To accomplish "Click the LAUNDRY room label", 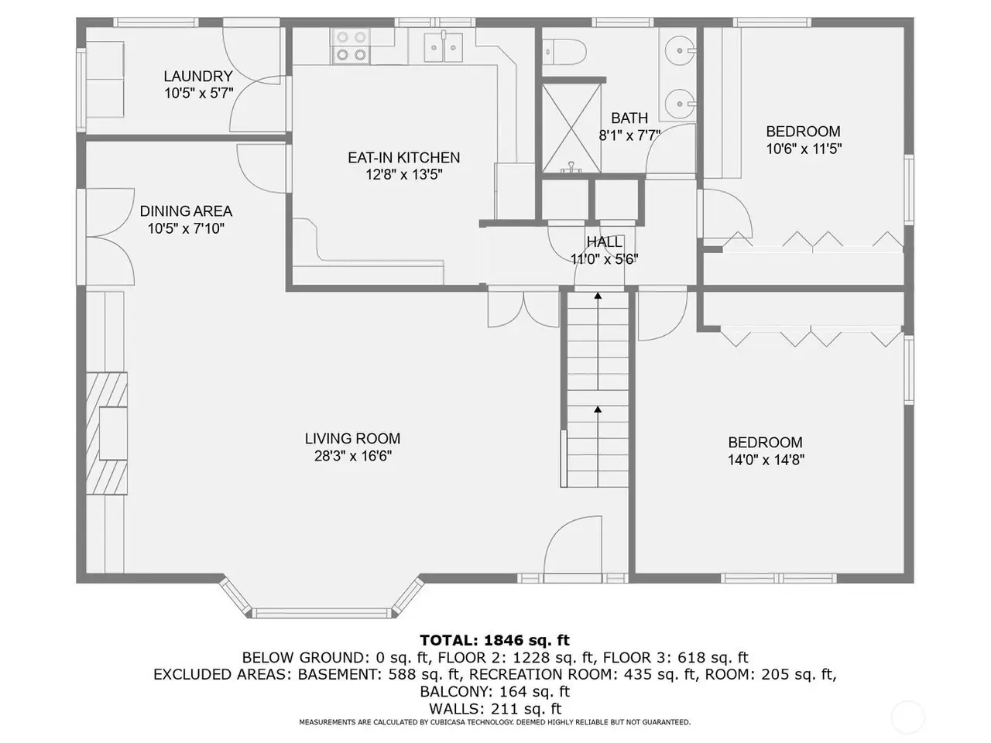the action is click(x=198, y=76).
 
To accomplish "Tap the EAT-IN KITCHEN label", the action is click(x=403, y=157).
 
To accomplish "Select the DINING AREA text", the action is click(x=186, y=211).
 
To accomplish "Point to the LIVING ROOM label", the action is click(x=352, y=439).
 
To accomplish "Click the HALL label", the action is click(x=604, y=241).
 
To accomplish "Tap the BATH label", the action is click(x=629, y=118).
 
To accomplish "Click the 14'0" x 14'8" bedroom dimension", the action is click(x=766, y=460).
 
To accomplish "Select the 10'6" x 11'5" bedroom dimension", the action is click(x=804, y=149).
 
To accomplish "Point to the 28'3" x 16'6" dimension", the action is click(x=352, y=456).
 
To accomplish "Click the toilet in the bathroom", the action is click(x=564, y=52).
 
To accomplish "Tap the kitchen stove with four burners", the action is click(x=351, y=46).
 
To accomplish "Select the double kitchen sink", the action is click(x=444, y=47).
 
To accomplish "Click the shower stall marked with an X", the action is click(x=571, y=128).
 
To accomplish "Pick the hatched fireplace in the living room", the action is click(x=107, y=433).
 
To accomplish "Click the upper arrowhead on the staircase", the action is click(x=598, y=296).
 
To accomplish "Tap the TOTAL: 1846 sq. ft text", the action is click(x=495, y=640).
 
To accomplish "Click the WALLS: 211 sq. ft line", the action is click(x=495, y=708).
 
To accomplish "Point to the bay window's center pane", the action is click(x=321, y=613).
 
